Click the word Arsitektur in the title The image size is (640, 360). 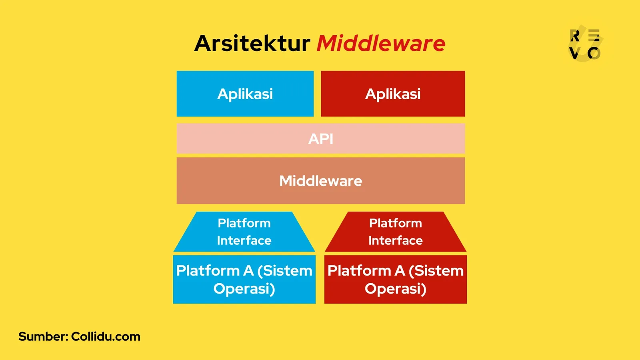(x=252, y=43)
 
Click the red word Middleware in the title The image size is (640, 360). (x=381, y=43)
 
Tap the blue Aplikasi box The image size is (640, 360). (x=245, y=94)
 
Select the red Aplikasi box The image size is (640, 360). (x=393, y=94)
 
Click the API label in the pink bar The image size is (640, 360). (x=320, y=139)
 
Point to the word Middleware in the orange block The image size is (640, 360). (x=320, y=181)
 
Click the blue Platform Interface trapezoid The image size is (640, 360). (x=244, y=232)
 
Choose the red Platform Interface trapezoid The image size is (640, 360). (x=395, y=232)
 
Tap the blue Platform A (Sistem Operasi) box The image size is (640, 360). (x=244, y=279)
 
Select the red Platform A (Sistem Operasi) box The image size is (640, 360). (x=395, y=279)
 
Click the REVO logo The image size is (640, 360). (x=585, y=44)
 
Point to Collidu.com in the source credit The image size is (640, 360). (x=106, y=336)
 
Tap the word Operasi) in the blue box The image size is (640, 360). (x=244, y=289)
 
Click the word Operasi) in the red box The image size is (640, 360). (x=395, y=289)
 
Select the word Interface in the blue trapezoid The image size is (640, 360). (x=244, y=240)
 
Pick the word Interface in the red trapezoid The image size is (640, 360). (x=395, y=240)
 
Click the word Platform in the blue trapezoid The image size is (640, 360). (x=244, y=223)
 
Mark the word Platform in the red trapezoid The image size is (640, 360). (x=395, y=223)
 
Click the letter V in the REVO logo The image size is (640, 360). (x=574, y=53)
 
